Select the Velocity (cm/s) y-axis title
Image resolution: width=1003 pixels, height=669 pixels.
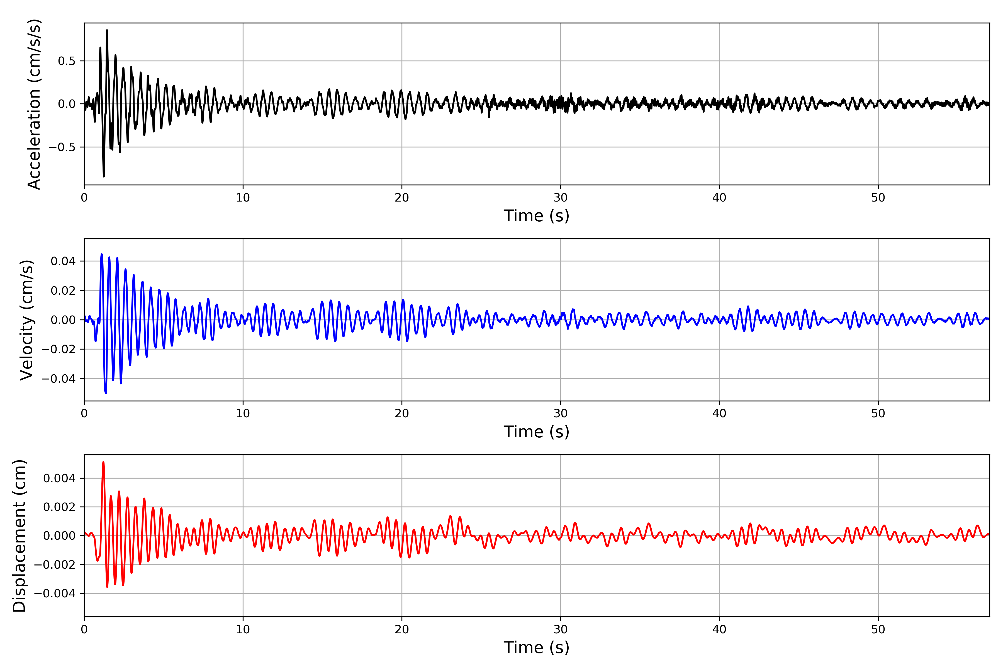[27, 320]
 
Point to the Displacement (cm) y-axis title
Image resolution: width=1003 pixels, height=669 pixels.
[20, 536]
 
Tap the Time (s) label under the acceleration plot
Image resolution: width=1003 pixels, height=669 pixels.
[537, 216]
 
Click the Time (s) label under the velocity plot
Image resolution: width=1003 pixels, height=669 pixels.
[537, 432]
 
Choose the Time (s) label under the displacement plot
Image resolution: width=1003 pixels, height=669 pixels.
[537, 648]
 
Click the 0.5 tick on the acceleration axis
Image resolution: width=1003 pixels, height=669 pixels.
[67, 61]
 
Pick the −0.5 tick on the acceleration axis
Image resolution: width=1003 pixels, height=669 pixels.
[62, 147]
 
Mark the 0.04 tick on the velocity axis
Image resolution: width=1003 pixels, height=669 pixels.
[63, 261]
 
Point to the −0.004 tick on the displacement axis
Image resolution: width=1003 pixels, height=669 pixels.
[55, 593]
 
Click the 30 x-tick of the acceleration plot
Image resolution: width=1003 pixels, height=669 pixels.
[560, 198]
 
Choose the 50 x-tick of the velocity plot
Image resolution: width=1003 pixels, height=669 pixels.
[878, 413]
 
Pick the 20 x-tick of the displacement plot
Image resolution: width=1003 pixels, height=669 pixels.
[402, 629]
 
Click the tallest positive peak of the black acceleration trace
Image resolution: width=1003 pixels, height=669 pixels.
[107, 30]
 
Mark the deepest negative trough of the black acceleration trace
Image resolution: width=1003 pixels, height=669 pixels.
[104, 176]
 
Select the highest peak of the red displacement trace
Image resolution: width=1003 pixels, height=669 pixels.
[103, 462]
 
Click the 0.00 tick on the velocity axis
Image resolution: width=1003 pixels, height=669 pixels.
[63, 320]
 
